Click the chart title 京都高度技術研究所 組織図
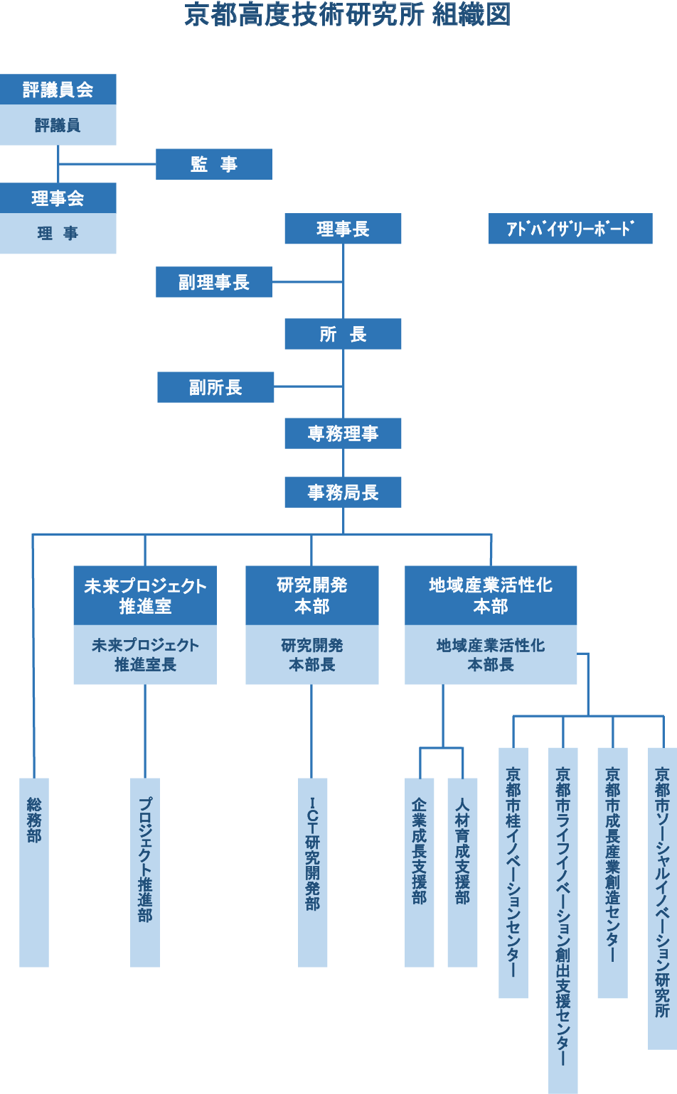click(347, 14)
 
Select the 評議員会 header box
click(58, 90)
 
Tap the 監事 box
click(214, 164)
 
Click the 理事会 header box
click(58, 198)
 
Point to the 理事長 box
click(343, 229)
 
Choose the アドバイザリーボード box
click(570, 229)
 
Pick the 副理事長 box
click(214, 282)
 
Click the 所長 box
click(343, 334)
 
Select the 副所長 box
click(215, 387)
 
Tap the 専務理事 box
click(343, 433)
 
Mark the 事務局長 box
click(343, 492)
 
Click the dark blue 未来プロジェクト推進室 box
click(145, 595)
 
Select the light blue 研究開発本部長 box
click(311, 654)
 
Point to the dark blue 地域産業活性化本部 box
click(491, 595)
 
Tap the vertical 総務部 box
click(34, 872)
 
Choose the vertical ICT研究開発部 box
click(312, 872)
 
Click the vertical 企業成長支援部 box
click(419, 872)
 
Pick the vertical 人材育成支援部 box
click(462, 872)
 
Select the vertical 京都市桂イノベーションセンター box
click(513, 872)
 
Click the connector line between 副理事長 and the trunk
click(307, 282)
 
